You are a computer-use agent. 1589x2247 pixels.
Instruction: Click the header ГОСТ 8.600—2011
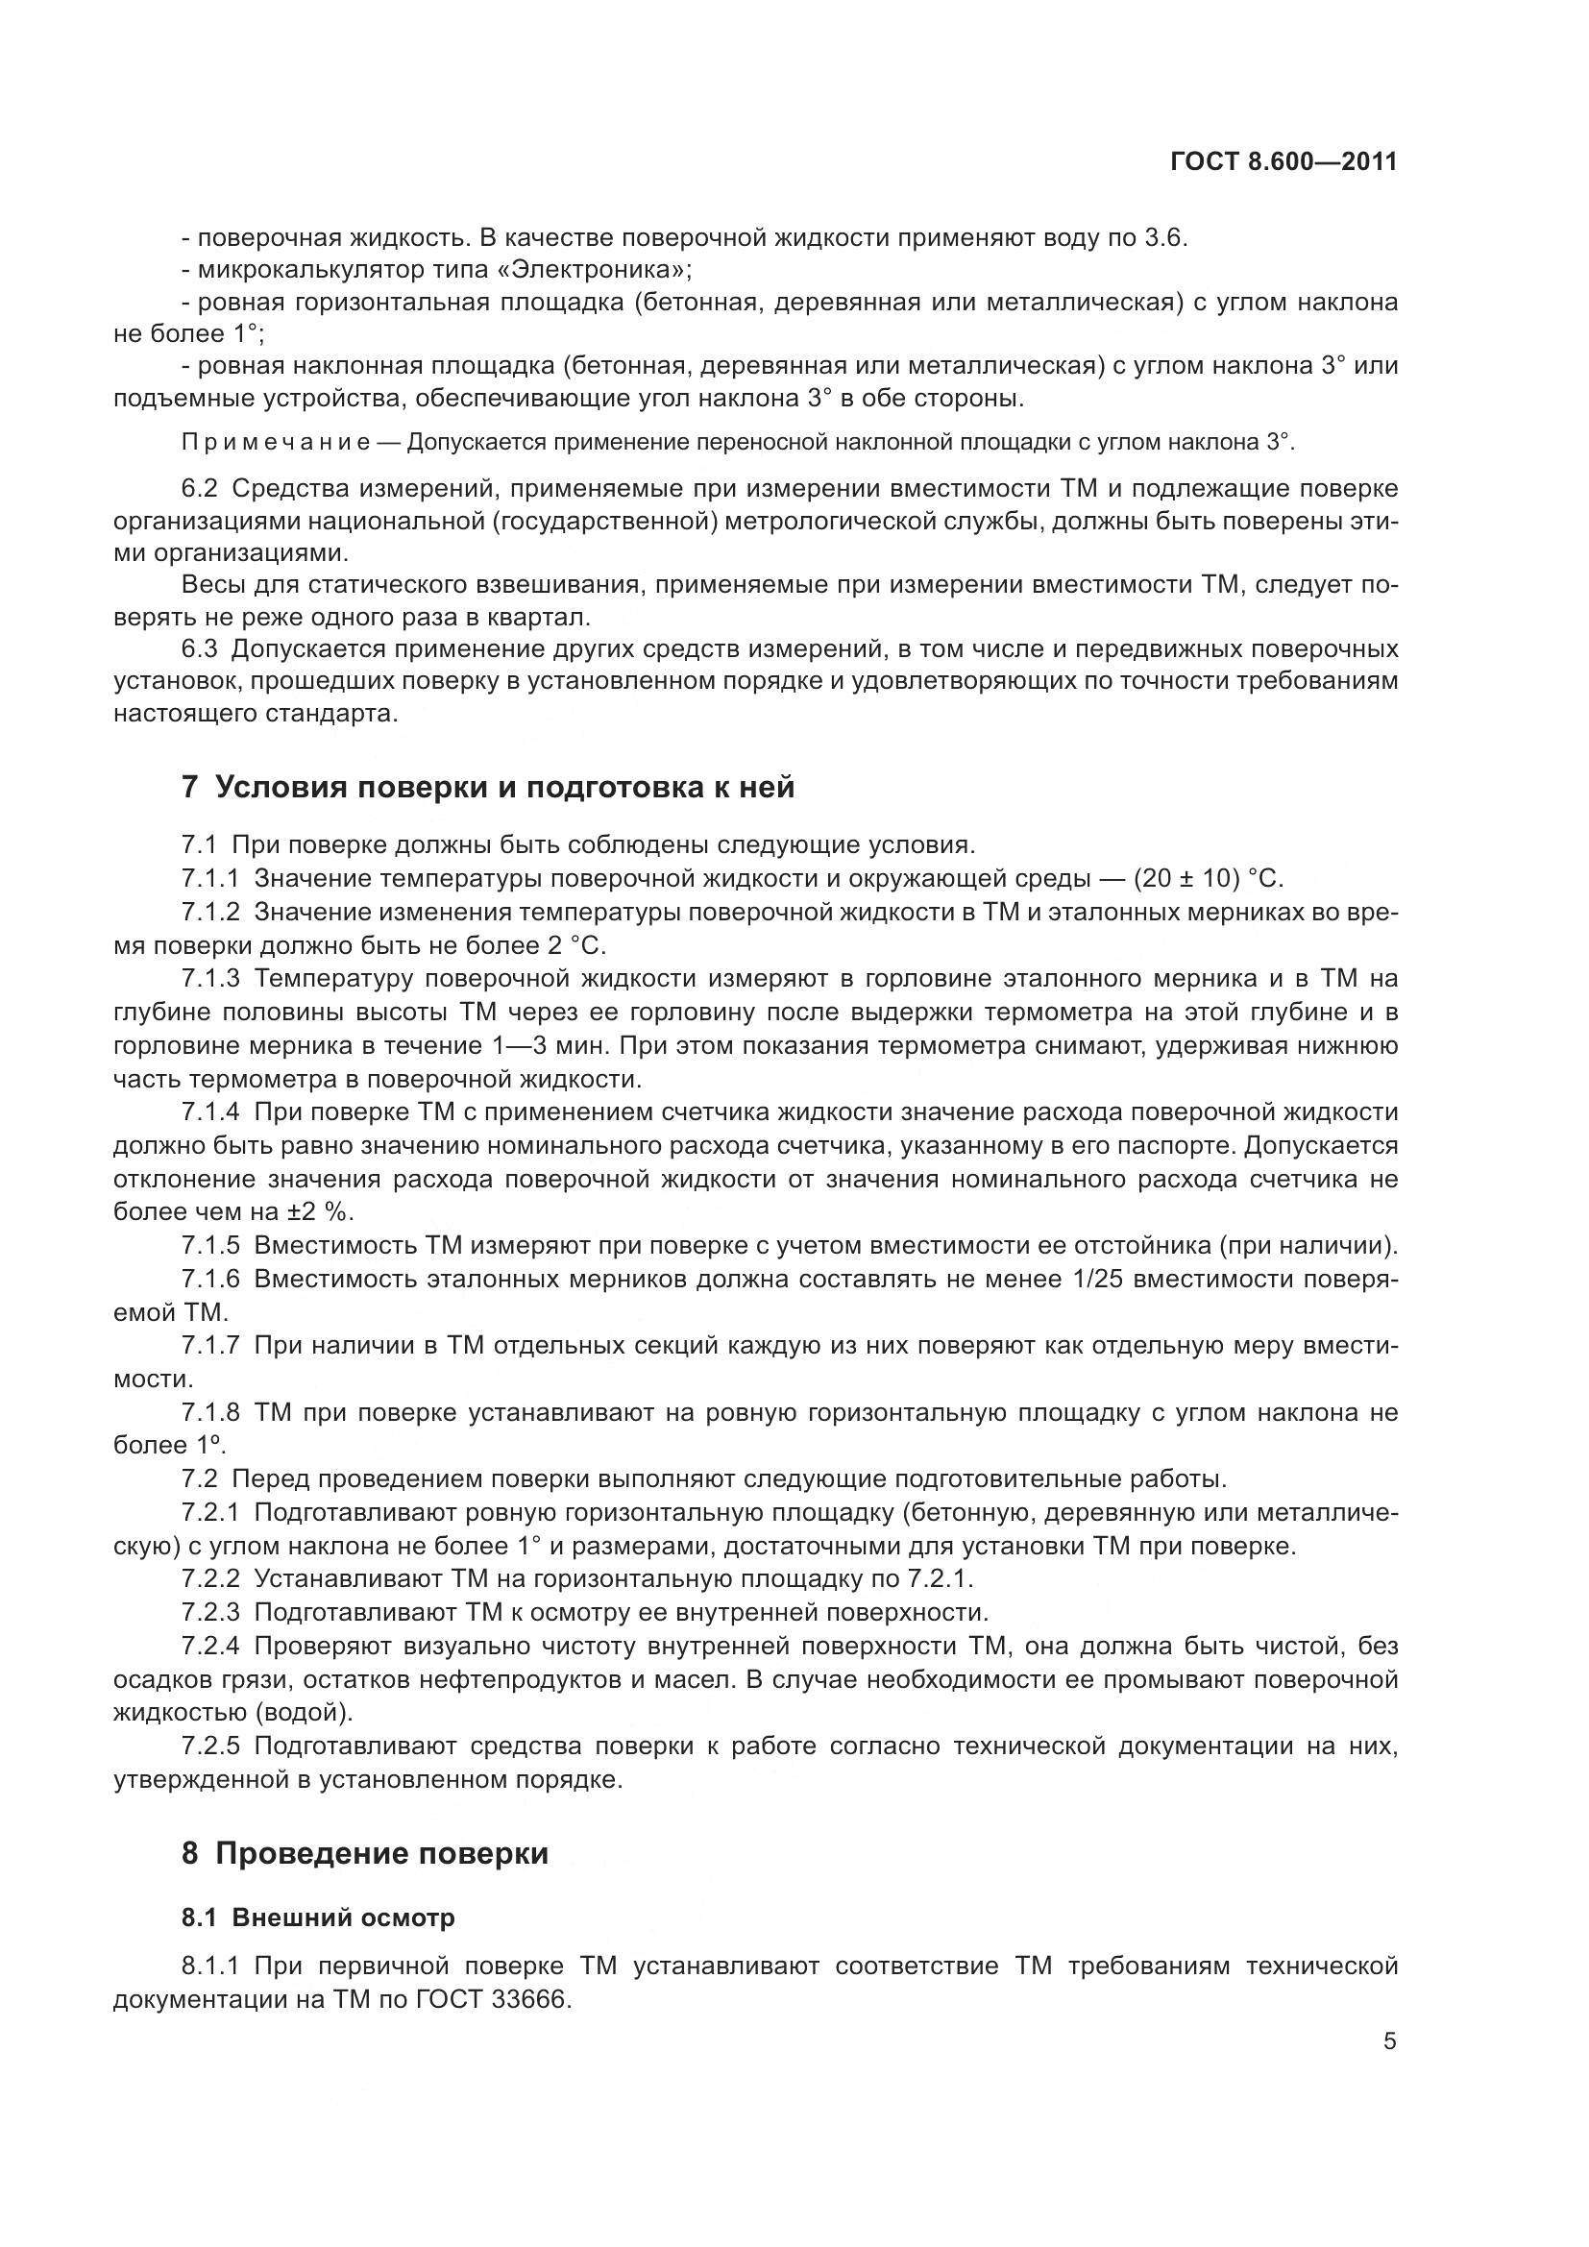tap(1283, 161)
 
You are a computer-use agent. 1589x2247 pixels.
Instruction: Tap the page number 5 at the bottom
tap(1389, 2042)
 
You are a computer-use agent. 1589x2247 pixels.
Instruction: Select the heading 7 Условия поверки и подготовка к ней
tap(487, 787)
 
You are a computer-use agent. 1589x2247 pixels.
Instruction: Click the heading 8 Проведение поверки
tap(364, 1853)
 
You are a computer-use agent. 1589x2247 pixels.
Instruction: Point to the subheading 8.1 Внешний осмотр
tap(318, 1917)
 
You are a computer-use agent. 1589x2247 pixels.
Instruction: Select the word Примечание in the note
tap(276, 442)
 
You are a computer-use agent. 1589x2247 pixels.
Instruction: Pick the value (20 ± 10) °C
tap(1208, 879)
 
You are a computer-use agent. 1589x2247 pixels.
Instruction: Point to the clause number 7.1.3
tap(210, 979)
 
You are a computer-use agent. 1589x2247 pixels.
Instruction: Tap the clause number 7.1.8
tap(210, 1413)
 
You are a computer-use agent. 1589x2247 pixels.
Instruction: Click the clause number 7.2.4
tap(210, 1647)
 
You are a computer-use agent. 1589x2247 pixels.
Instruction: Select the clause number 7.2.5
tap(210, 1746)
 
